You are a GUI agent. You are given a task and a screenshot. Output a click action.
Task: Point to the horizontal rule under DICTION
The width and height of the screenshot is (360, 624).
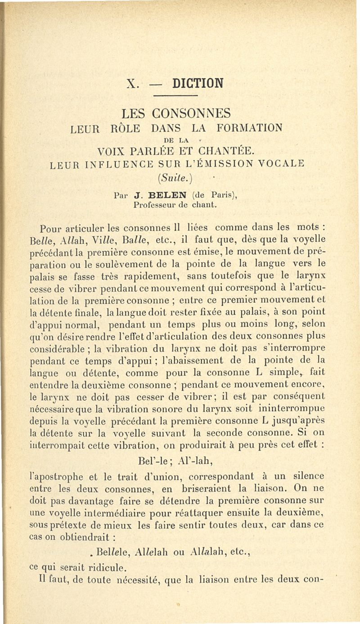pos(175,96)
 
